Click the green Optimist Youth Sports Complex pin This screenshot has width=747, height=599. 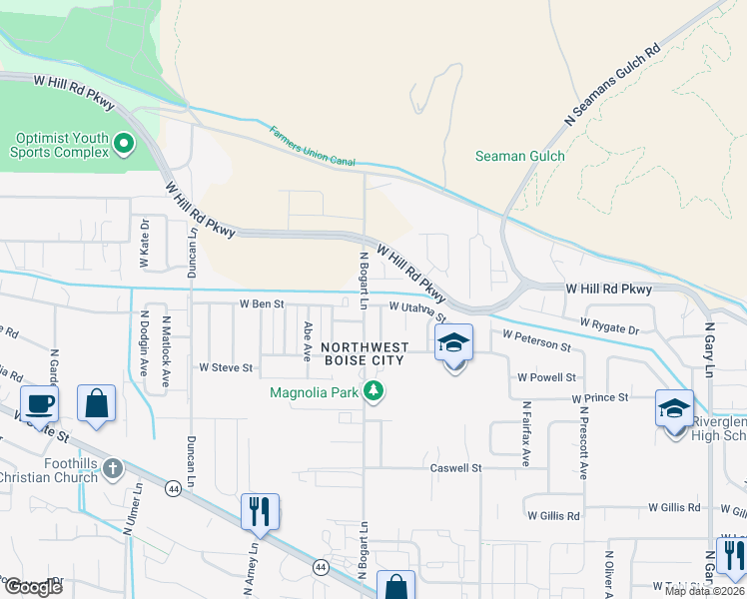click(124, 145)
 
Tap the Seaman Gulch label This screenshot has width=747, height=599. click(519, 156)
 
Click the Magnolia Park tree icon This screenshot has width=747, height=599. click(373, 391)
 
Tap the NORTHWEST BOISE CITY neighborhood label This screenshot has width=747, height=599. click(364, 353)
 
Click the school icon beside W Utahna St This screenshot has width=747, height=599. click(453, 343)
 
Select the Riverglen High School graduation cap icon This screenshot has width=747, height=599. click(674, 408)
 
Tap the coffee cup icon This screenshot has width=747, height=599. click(39, 404)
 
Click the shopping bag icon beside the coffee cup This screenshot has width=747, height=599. click(96, 404)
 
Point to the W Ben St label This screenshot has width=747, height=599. click(262, 303)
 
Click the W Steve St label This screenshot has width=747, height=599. click(226, 368)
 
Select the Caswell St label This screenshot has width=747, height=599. click(456, 467)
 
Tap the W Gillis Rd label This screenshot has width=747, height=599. click(553, 515)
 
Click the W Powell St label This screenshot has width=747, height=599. click(547, 377)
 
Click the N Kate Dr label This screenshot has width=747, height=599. click(144, 245)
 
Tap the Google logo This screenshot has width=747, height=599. click(33, 587)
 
